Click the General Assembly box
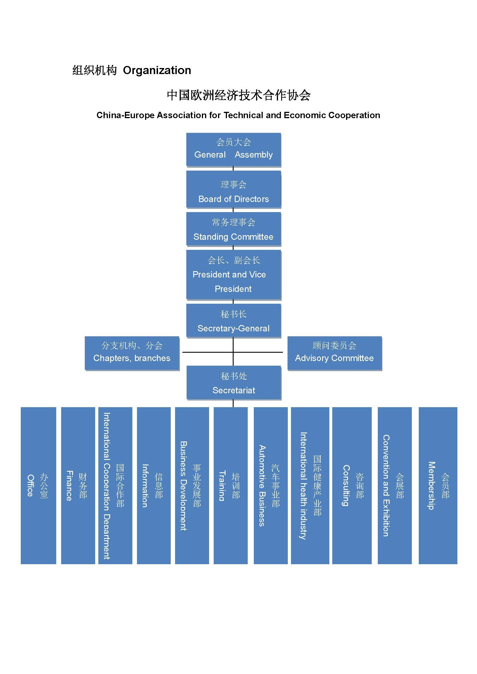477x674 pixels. pyautogui.click(x=234, y=149)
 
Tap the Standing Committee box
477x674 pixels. pyautogui.click(x=234, y=229)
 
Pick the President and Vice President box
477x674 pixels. pyautogui.click(x=234, y=275)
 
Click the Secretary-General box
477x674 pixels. pyautogui.click(x=234, y=320)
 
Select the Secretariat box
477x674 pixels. pyautogui.click(x=234, y=382)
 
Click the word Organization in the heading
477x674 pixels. pyautogui.click(x=157, y=70)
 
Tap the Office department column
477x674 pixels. pyautogui.click(x=38, y=486)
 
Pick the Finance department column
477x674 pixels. pyautogui.click(x=78, y=486)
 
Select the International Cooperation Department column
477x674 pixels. pyautogui.click(x=115, y=486)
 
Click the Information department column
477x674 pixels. pyautogui.click(x=154, y=486)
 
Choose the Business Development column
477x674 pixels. pyautogui.click(x=192, y=486)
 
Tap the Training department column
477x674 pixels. pyautogui.click(x=231, y=486)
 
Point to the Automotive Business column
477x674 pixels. pyautogui.click(x=271, y=486)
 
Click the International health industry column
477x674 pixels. pyautogui.click(x=310, y=486)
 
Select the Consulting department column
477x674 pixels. pyautogui.click(x=352, y=486)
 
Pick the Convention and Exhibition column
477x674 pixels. pyautogui.click(x=395, y=486)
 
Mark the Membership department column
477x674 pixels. pyautogui.click(x=438, y=486)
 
